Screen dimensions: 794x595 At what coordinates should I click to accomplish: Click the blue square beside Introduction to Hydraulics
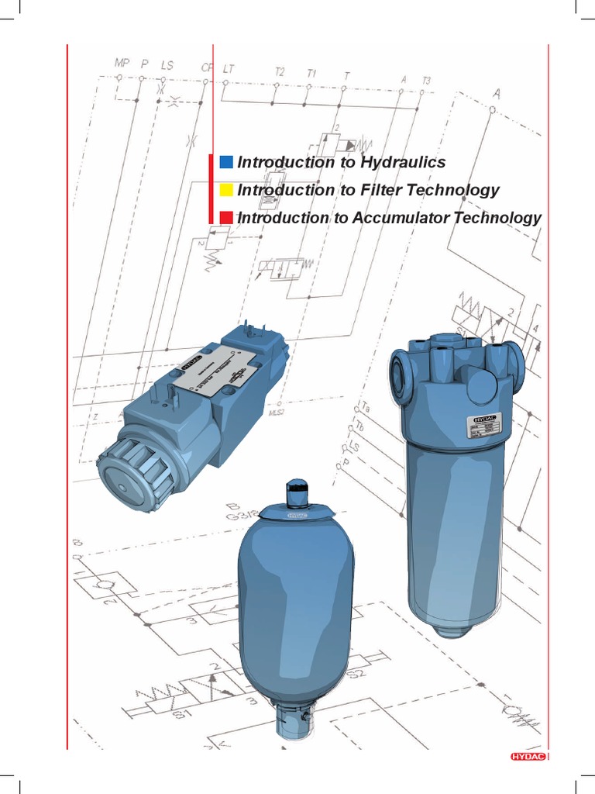(226, 162)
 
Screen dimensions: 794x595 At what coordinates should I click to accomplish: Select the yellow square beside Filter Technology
(226, 190)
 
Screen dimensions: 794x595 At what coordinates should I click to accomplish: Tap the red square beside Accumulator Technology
(226, 218)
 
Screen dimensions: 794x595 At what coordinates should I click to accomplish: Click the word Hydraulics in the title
(403, 162)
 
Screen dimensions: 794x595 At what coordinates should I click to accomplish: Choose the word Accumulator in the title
(400, 218)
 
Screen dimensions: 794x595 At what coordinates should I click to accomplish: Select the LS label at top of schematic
(167, 65)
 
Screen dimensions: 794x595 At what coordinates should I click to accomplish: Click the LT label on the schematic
(229, 68)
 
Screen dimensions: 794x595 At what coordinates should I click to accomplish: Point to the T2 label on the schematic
(280, 72)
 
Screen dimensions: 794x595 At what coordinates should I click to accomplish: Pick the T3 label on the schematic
(427, 80)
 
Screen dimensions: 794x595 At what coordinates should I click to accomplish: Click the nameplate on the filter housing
(483, 426)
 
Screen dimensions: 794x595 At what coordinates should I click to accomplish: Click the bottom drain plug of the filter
(452, 628)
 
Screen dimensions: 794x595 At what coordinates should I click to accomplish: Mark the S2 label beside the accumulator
(359, 673)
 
